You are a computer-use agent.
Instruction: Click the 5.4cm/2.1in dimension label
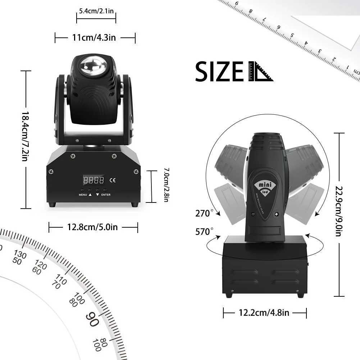[96, 11]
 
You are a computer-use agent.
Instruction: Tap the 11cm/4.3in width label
[94, 37]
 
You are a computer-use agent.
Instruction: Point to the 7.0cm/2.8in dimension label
[166, 185]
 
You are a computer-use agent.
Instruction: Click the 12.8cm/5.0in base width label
[92, 227]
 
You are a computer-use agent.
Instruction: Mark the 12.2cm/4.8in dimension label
[264, 313]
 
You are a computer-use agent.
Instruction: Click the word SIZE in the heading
[220, 72]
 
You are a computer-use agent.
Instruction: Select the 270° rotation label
[204, 214]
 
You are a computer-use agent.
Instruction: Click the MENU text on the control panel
[83, 195]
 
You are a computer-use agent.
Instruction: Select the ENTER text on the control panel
[106, 195]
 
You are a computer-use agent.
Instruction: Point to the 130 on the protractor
[20, 255]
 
